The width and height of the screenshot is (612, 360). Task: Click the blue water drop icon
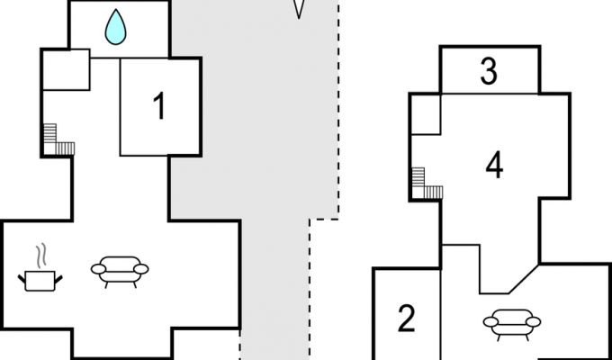coord(116,27)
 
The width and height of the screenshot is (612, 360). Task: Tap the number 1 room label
coord(159,107)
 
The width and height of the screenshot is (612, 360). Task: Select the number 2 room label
coord(407,319)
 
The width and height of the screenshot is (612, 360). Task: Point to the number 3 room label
coord(489,71)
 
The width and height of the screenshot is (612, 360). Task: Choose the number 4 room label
coord(494,165)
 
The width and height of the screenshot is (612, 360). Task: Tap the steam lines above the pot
coord(40,256)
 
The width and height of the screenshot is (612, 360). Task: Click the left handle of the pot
coord(22,279)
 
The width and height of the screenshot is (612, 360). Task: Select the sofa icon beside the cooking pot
coord(120,270)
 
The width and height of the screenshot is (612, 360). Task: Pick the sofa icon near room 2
coord(511,321)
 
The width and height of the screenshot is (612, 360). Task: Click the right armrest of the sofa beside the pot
coord(141,268)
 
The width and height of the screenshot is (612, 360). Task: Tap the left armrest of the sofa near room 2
coord(490,320)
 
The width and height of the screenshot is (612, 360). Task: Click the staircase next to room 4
coord(426,184)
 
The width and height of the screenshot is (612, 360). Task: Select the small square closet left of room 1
coord(66,69)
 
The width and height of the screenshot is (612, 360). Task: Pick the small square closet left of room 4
coord(426,113)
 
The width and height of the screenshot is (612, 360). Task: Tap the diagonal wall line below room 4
coord(523,278)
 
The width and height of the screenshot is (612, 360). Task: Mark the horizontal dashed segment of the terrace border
coord(324,218)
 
